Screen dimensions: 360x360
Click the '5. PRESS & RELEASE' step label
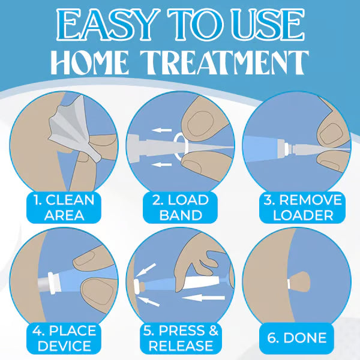click(x=180, y=338)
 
